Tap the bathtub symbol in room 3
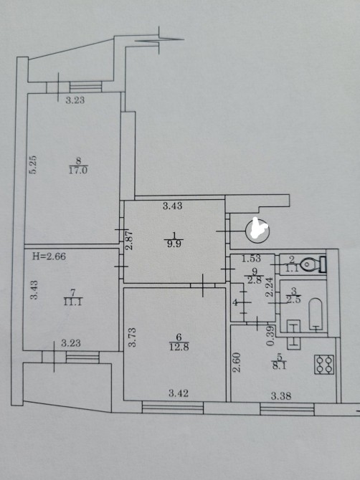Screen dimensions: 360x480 [316, 315]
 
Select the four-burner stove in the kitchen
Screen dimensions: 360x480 [324, 364]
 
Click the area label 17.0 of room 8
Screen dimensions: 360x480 [78, 171]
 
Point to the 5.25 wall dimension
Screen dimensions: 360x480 [33, 165]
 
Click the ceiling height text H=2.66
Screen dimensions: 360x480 [49, 256]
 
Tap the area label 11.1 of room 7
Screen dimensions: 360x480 [72, 302]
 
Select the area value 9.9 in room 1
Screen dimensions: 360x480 [174, 244]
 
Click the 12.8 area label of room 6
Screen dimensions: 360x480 [179, 347]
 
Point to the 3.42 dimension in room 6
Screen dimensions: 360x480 [179, 393]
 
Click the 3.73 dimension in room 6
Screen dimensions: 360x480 [132, 337]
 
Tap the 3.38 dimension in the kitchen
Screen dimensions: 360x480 [281, 396]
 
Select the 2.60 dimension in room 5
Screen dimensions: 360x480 [236, 362]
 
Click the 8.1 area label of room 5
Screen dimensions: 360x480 [278, 366]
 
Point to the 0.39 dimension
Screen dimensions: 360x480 [270, 335]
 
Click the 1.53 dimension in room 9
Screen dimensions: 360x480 [251, 259]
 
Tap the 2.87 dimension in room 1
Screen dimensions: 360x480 [130, 240]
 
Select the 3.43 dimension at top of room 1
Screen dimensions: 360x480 [173, 206]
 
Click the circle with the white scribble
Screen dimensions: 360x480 [257, 231]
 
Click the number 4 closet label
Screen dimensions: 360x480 [235, 303]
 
